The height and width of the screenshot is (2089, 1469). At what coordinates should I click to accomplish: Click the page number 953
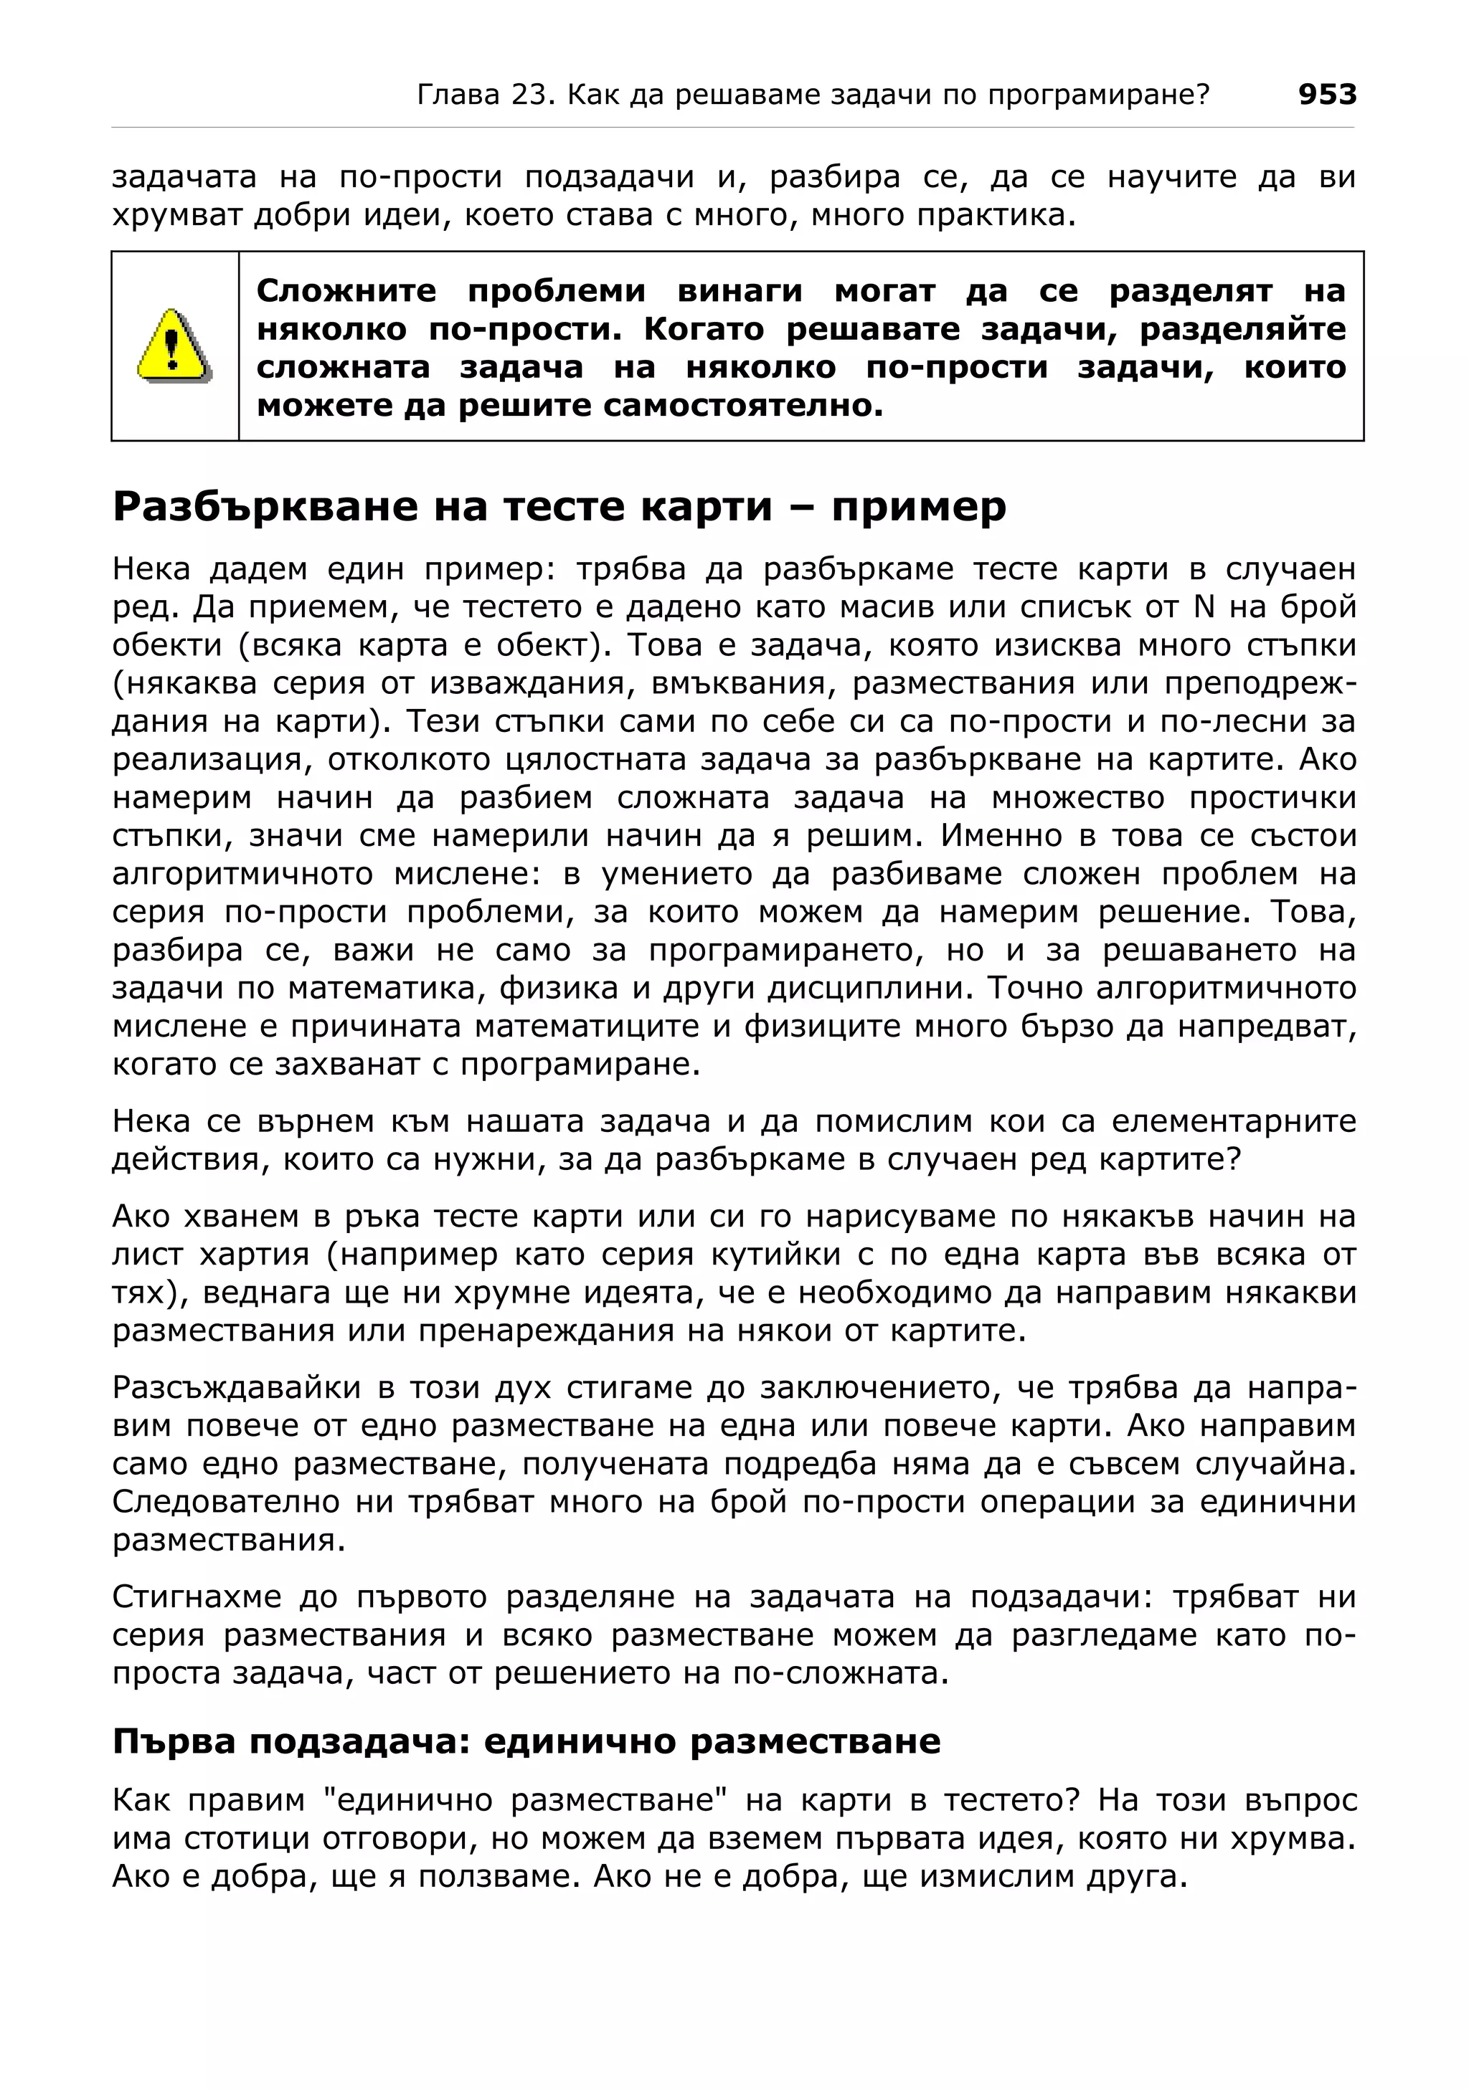pos(1326,94)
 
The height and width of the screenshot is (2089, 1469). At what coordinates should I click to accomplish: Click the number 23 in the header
pos(529,94)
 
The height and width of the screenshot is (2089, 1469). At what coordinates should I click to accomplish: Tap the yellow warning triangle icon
pos(172,345)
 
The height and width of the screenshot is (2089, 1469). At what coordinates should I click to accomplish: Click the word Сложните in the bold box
pos(346,291)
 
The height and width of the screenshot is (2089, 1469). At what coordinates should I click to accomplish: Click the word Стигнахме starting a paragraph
pos(197,1597)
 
